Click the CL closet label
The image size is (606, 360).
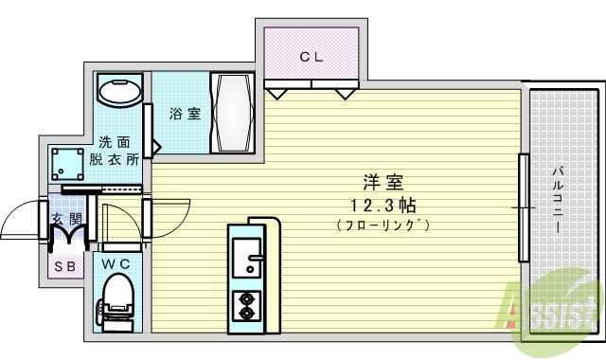pyautogui.click(x=312, y=56)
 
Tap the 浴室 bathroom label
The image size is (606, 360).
pyautogui.click(x=185, y=114)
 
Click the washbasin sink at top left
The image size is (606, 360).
pyautogui.click(x=120, y=93)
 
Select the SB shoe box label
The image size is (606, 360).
pyautogui.click(x=66, y=266)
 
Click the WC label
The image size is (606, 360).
pyautogui.click(x=117, y=261)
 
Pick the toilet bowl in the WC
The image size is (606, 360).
pyautogui.click(x=117, y=297)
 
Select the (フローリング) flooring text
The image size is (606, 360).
pyautogui.click(x=383, y=225)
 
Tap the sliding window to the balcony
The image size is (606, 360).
pyautogui.click(x=522, y=207)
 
